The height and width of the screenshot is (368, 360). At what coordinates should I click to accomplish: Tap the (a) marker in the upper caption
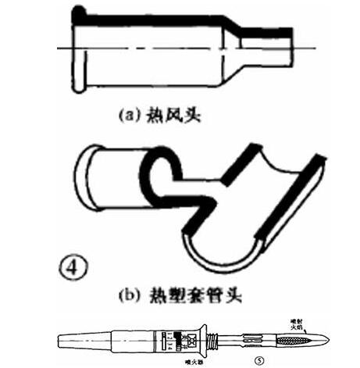[128, 113]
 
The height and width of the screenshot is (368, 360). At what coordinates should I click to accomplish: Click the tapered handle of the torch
[86, 342]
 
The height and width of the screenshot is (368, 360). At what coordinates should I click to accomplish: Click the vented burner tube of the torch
[266, 342]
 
